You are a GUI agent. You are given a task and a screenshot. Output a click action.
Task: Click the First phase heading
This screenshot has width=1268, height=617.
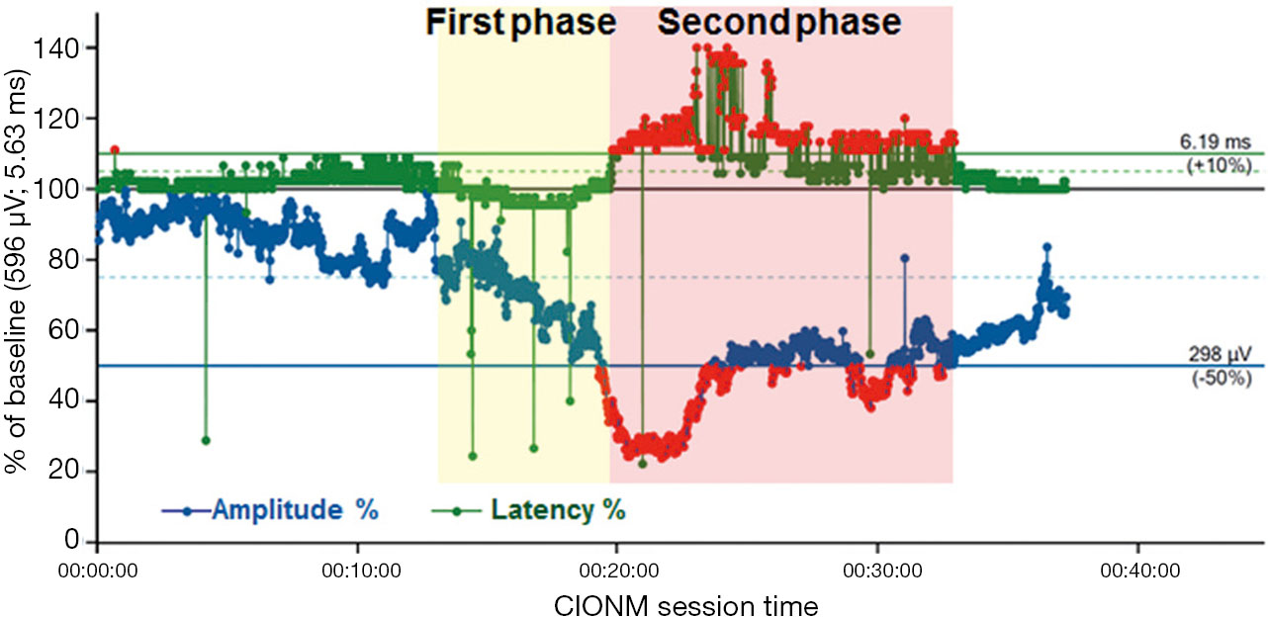coord(521,23)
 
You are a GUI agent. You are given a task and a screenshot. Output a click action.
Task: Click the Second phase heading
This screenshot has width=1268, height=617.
coord(779,23)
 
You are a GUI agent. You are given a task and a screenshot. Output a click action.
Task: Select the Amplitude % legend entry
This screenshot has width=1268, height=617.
coord(270,510)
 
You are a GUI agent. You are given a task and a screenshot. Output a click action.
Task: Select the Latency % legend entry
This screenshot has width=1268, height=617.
coord(529,510)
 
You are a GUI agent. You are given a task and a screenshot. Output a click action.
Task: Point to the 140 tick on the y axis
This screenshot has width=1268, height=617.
coord(55,48)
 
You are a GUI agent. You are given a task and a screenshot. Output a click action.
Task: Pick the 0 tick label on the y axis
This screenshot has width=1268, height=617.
coord(71,540)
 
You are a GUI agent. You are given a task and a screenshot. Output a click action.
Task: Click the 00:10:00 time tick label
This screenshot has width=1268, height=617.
coord(361,571)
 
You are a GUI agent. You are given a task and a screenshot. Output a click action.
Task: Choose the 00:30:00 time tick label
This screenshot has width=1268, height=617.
coord(882,571)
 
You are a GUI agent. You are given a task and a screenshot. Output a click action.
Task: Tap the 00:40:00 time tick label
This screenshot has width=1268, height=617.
coord(1140,571)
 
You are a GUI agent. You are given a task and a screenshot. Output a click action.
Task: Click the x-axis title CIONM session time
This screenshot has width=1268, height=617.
coord(686,606)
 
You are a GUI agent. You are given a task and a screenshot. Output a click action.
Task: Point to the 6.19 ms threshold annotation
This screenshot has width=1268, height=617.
coord(1215,141)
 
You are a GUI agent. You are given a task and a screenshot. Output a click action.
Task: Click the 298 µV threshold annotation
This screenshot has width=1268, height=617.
coord(1220,354)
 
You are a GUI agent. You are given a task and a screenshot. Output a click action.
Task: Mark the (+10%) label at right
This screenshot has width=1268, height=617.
coord(1219,165)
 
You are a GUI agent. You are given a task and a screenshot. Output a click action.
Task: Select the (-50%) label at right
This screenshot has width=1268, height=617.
coord(1222,378)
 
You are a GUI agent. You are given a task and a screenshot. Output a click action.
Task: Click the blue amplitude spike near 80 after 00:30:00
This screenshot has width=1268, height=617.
coord(905,258)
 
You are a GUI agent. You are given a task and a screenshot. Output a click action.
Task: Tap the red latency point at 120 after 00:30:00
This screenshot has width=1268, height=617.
coord(905,119)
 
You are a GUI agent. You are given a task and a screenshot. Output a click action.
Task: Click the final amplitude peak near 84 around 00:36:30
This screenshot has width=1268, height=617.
coord(1047,247)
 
